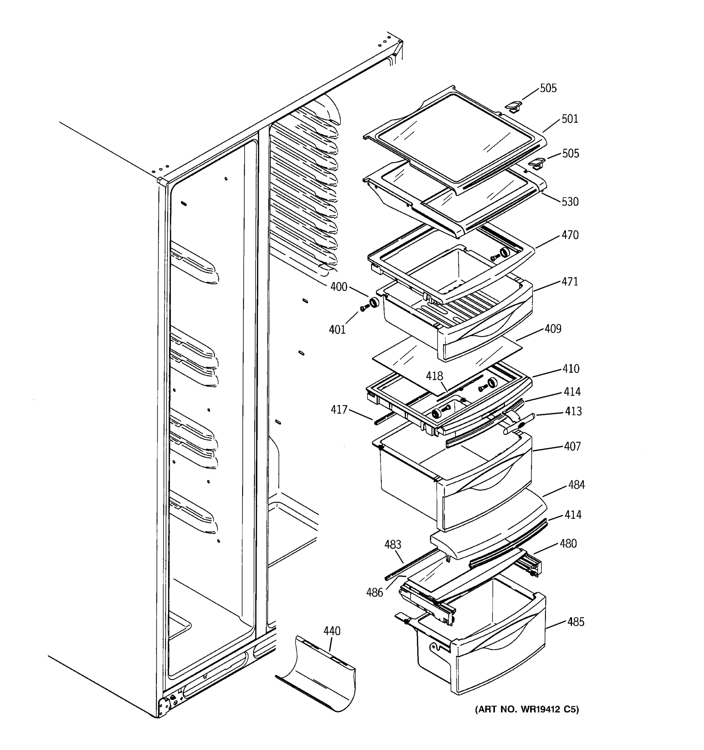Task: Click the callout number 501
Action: pyautogui.click(x=569, y=119)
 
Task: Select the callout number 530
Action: pyautogui.click(x=569, y=202)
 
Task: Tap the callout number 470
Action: pyautogui.click(x=569, y=235)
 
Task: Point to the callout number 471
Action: pyautogui.click(x=569, y=282)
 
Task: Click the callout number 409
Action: pyautogui.click(x=553, y=329)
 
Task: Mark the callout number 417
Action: pyautogui.click(x=339, y=409)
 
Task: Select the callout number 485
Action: pyautogui.click(x=575, y=622)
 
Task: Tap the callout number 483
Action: pyautogui.click(x=393, y=544)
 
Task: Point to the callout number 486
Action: pyautogui.click(x=374, y=593)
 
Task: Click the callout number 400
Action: pyautogui.click(x=339, y=287)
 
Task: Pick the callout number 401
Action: pyautogui.click(x=337, y=330)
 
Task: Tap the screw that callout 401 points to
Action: pyautogui.click(x=364, y=308)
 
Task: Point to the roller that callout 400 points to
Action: pyautogui.click(x=374, y=302)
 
